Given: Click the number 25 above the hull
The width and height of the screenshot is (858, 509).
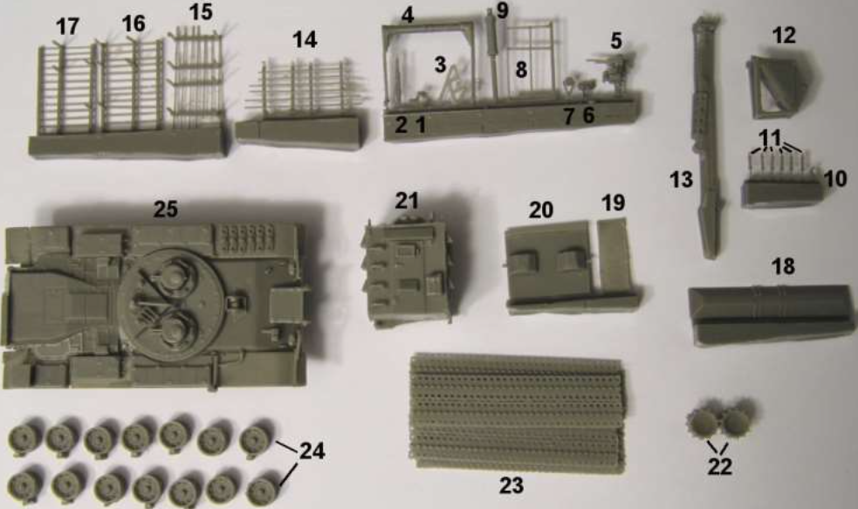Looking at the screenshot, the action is (x=166, y=209).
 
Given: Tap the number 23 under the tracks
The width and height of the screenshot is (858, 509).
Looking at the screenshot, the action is (x=511, y=485).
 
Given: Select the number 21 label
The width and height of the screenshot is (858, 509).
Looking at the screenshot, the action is (x=407, y=201).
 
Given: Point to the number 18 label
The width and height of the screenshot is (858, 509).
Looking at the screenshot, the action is (x=783, y=266).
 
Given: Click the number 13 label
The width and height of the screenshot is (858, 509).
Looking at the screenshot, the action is (x=682, y=180).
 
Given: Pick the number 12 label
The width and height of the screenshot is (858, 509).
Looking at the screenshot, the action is (x=784, y=36).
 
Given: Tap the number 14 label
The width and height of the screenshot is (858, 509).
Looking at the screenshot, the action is (x=305, y=40).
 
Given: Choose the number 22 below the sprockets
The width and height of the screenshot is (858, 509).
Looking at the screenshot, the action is (x=719, y=467).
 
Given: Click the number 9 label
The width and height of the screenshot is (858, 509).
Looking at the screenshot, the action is (x=503, y=10).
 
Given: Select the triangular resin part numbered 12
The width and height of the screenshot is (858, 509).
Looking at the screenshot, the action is (x=782, y=86).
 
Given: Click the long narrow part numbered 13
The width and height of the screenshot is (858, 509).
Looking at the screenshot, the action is (x=706, y=137).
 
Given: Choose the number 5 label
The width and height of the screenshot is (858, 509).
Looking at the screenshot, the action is (x=616, y=40).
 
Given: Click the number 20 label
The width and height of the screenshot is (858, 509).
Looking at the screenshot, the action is (x=540, y=210).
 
